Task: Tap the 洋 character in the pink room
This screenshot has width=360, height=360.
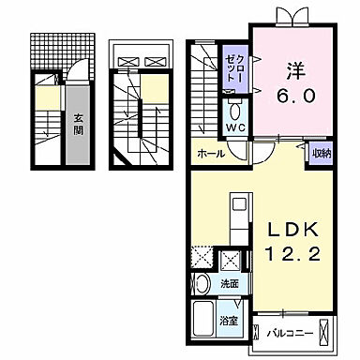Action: tap(292, 71)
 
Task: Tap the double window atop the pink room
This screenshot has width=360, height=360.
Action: tap(292, 16)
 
